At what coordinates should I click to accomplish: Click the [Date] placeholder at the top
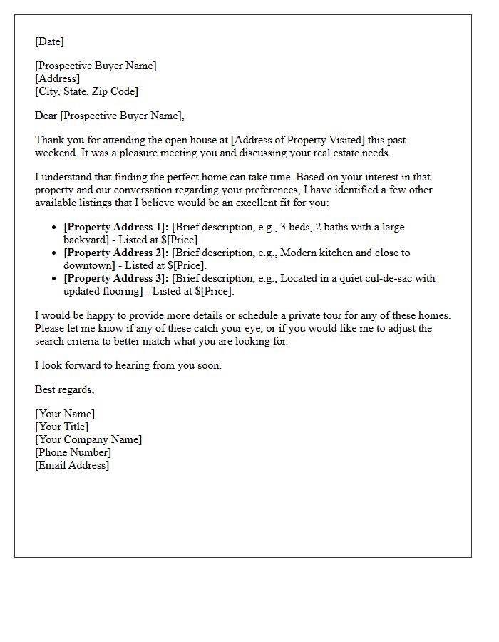click(x=49, y=41)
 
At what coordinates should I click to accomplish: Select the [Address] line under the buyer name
click(x=57, y=78)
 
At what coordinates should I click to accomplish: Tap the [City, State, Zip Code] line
click(x=86, y=91)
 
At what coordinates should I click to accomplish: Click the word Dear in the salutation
click(x=46, y=116)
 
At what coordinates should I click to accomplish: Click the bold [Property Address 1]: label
click(x=115, y=227)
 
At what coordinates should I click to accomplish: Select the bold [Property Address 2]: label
click(x=115, y=253)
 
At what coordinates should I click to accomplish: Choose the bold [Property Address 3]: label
click(x=115, y=278)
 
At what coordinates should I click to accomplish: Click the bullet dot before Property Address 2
click(x=55, y=253)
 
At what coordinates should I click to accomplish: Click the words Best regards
click(x=64, y=389)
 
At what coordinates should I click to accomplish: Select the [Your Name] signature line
click(x=64, y=414)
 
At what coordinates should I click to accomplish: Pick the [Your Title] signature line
click(x=61, y=427)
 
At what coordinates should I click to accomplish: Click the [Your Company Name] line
click(x=88, y=439)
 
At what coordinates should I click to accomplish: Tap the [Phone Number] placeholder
click(x=73, y=452)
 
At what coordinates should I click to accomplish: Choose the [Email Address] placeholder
click(x=72, y=465)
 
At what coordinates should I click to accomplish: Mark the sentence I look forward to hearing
click(x=128, y=365)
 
